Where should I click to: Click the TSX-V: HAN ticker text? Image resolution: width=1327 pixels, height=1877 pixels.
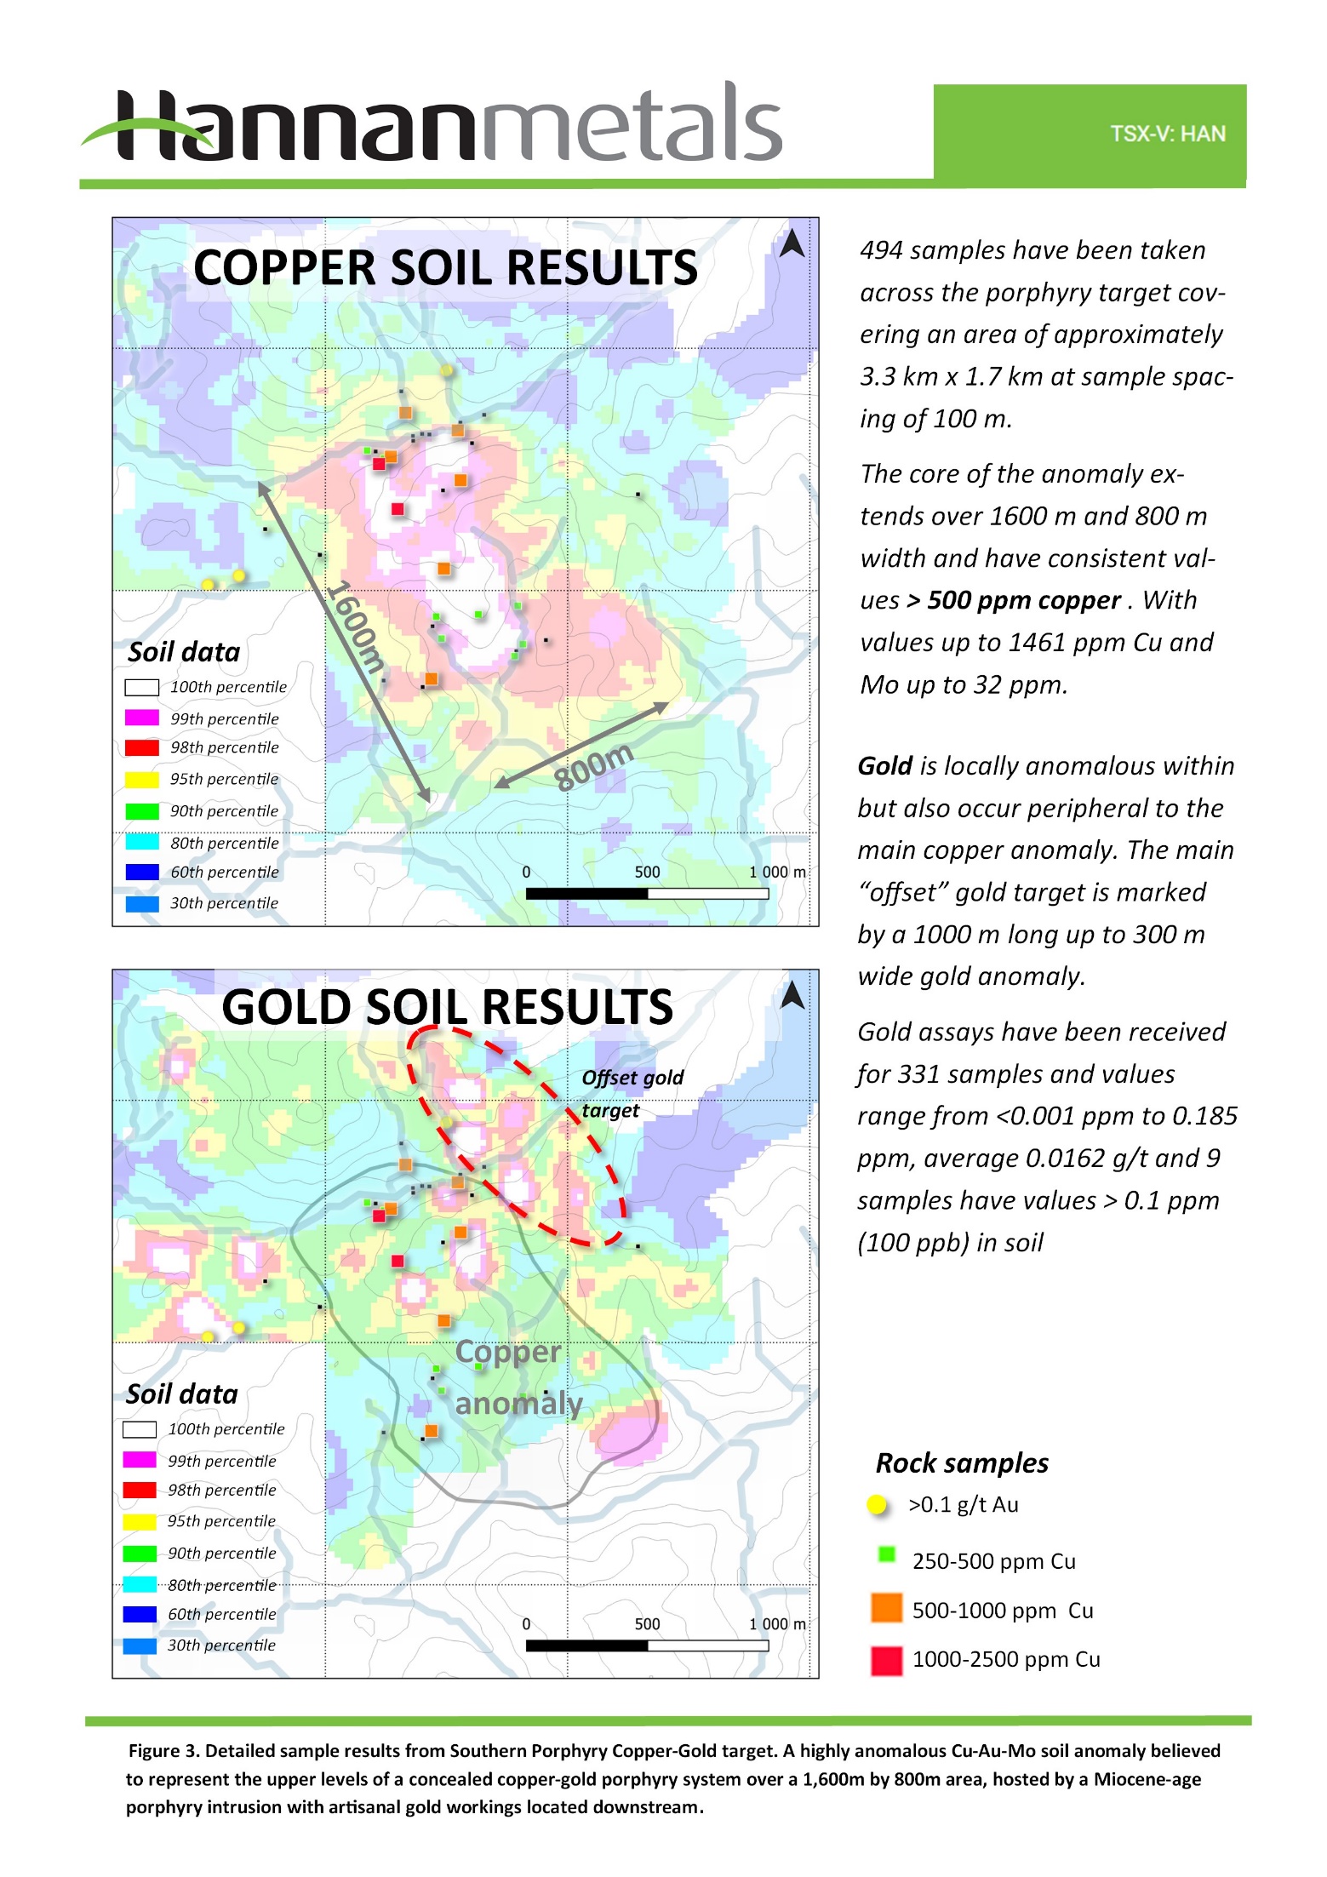click(x=1167, y=134)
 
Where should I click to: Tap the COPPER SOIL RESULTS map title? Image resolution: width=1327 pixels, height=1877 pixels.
click(x=445, y=267)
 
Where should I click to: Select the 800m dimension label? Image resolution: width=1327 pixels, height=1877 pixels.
click(x=593, y=766)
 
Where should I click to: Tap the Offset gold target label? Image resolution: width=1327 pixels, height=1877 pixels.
click(x=632, y=1093)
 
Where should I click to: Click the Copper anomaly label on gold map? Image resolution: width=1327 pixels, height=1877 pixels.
click(x=515, y=1376)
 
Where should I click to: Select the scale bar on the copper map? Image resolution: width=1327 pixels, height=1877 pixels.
click(x=647, y=893)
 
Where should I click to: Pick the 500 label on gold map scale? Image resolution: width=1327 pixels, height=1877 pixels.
click(x=647, y=1623)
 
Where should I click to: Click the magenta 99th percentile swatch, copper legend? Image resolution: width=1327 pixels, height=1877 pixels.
click(x=142, y=718)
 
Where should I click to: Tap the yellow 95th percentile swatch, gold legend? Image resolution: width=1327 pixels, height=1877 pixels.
click(x=140, y=1520)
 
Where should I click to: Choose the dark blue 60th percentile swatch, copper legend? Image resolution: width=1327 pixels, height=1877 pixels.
click(x=142, y=872)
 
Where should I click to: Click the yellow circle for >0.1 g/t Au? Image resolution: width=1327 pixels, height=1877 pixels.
click(x=877, y=1505)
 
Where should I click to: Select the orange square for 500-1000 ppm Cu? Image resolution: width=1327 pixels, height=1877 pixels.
click(x=886, y=1607)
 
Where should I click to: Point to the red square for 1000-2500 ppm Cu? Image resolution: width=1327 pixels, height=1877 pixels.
click(x=886, y=1660)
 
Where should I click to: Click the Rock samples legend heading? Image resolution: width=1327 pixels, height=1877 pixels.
click(x=962, y=1462)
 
